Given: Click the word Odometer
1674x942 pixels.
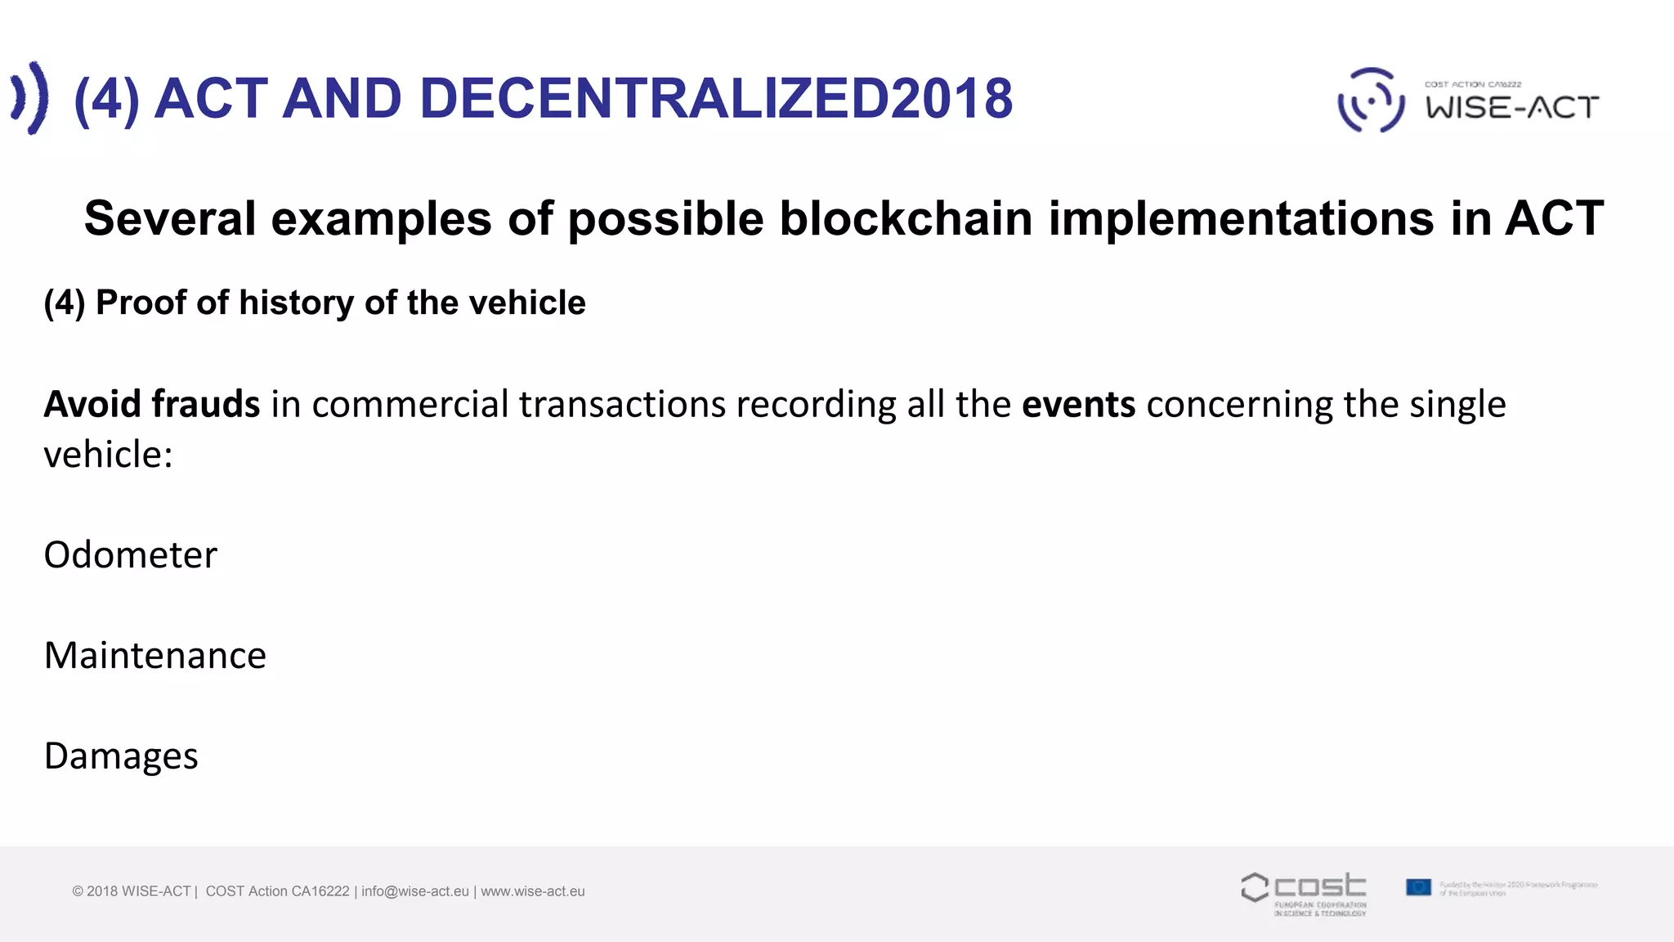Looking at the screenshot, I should [x=131, y=555].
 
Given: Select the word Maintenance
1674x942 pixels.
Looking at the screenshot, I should [x=155, y=656].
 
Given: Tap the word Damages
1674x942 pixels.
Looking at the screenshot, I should [x=121, y=756].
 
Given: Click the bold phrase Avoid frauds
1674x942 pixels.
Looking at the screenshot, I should [x=152, y=404].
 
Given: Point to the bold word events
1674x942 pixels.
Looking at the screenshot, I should [x=1078, y=404].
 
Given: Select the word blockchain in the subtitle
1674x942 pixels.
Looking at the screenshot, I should [x=906, y=218].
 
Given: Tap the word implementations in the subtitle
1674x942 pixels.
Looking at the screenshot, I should [x=1242, y=218].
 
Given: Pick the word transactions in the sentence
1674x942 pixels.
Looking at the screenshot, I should [x=622, y=404].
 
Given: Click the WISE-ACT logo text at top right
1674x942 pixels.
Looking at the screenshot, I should [x=1512, y=107].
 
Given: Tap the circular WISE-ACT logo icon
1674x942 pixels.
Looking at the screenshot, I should [x=1371, y=100].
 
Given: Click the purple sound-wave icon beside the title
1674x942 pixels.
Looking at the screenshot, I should [x=29, y=98].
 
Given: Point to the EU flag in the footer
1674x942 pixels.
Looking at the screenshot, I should [x=1418, y=887].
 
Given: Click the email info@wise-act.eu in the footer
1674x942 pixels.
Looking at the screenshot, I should [x=415, y=891].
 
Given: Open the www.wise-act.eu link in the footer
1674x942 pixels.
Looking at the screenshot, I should [x=533, y=891].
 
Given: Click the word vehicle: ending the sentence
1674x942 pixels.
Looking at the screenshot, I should [x=108, y=455].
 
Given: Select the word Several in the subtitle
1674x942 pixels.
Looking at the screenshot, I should [x=170, y=218].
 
